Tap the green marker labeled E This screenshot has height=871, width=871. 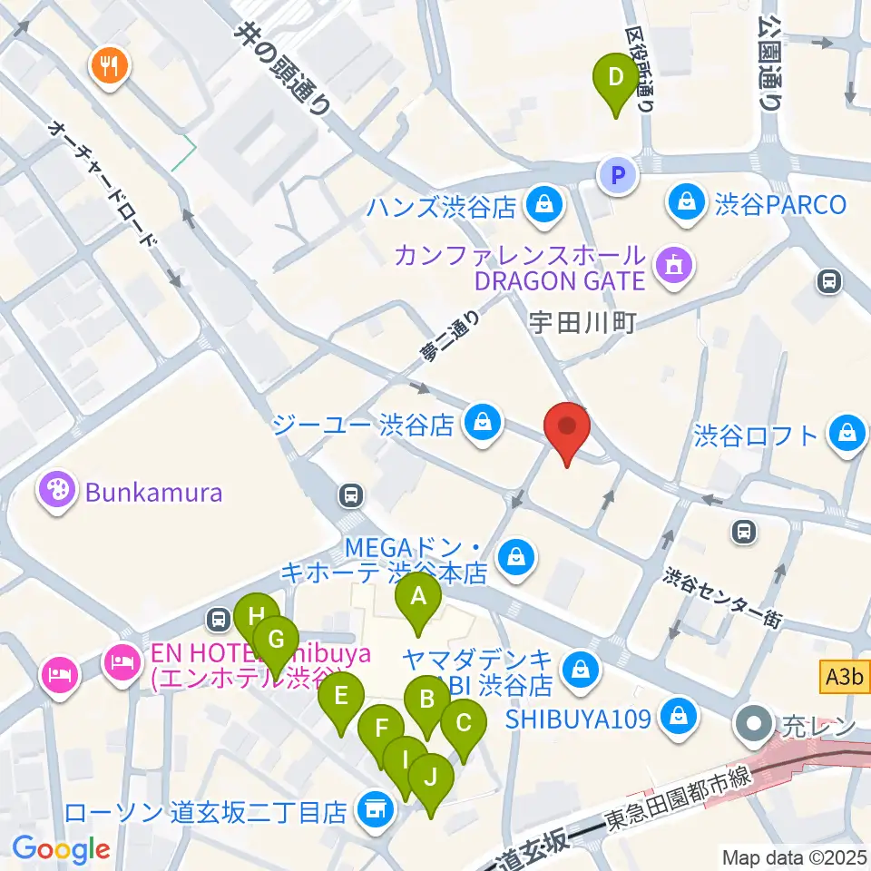tap(341, 699)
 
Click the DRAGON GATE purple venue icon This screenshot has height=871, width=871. tap(672, 266)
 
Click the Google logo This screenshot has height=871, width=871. tap(61, 849)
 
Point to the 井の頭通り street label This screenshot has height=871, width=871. tap(283, 68)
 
